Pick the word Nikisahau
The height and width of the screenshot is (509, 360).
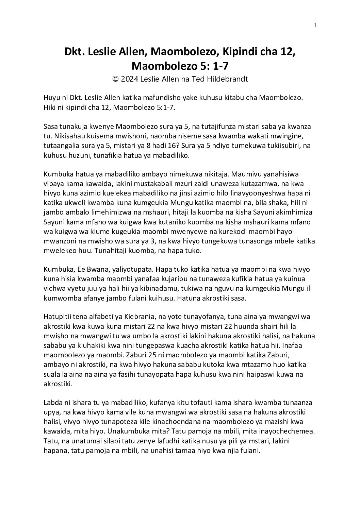(x=59, y=136)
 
